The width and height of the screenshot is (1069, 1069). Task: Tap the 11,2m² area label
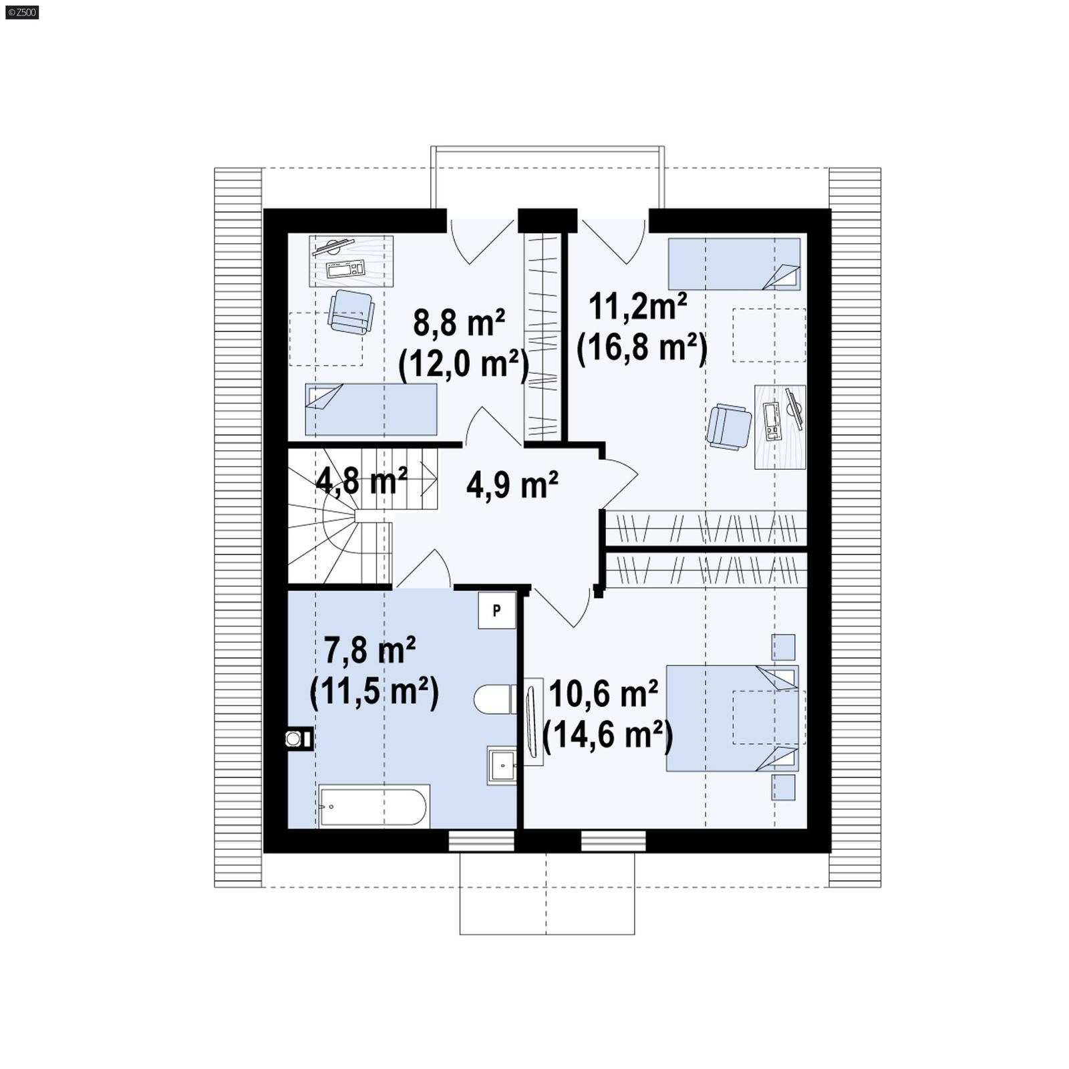pyautogui.click(x=637, y=307)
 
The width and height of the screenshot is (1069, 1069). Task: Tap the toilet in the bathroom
pyautogui.click(x=494, y=700)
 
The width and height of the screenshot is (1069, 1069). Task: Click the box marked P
pyautogui.click(x=496, y=610)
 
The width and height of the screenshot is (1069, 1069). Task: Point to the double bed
pyautogui.click(x=732, y=719)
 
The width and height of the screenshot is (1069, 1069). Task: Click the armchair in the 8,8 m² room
pyautogui.click(x=351, y=312)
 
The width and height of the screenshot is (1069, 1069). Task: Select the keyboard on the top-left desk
pyautogui.click(x=345, y=269)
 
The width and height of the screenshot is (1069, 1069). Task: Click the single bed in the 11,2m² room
pyautogui.click(x=734, y=263)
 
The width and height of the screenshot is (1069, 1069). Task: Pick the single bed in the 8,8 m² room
pyautogui.click(x=371, y=409)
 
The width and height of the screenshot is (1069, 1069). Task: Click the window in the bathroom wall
pyautogui.click(x=481, y=841)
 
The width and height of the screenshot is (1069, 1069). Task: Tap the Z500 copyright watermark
pyautogui.click(x=22, y=11)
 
